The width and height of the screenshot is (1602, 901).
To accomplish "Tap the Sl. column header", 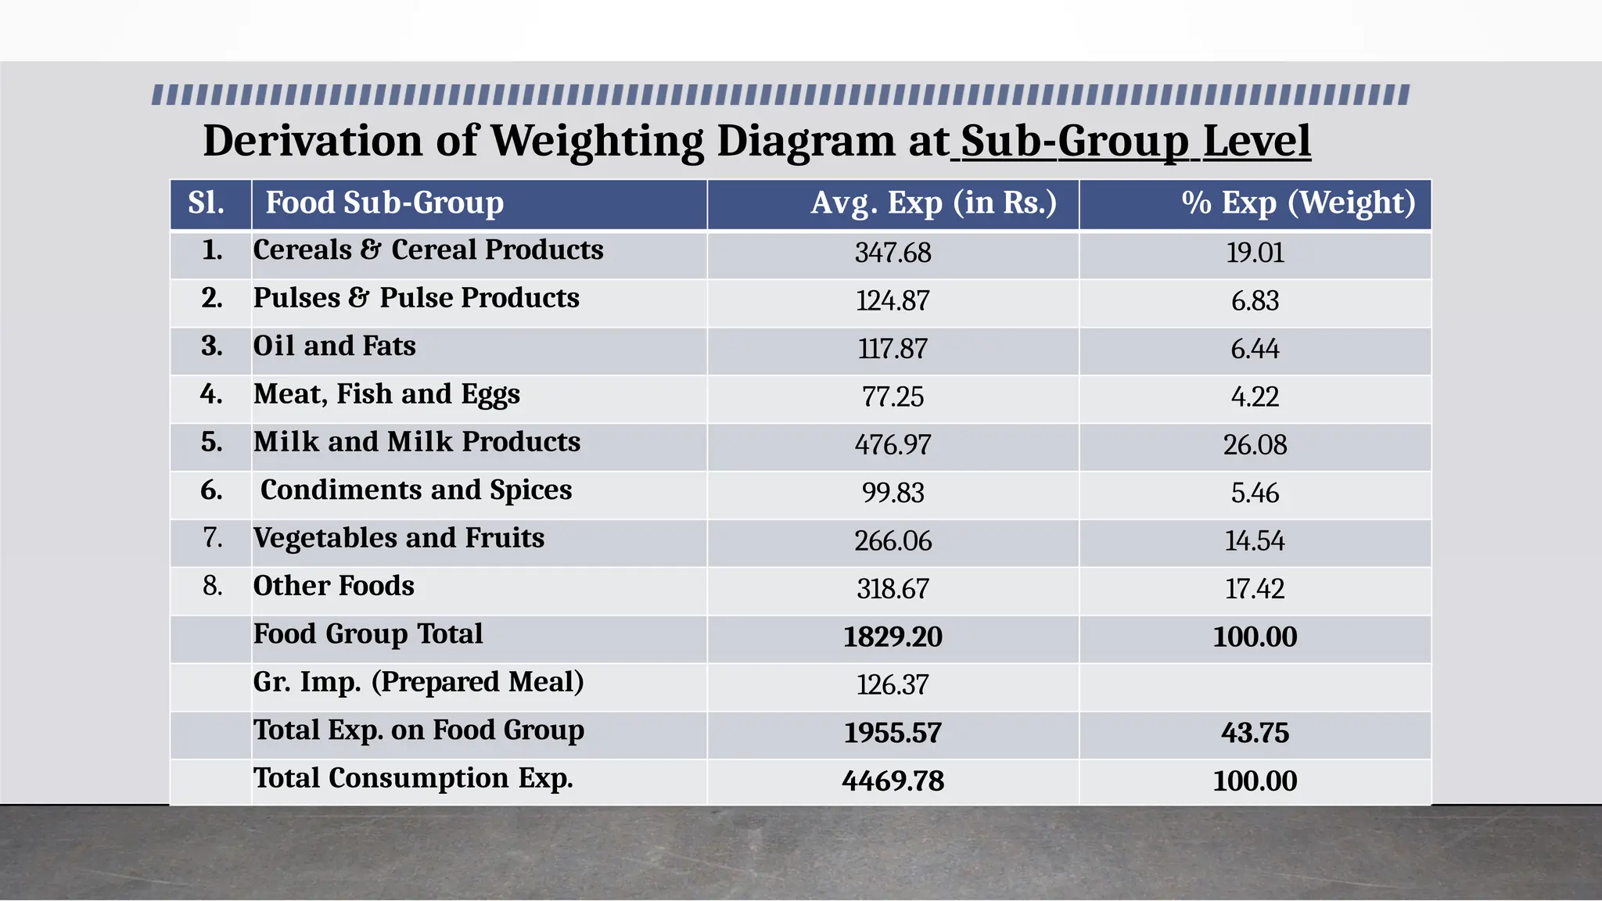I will pos(207,203).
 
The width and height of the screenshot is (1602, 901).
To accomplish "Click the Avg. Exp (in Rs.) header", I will pos(933,203).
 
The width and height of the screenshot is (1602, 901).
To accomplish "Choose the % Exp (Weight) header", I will pos(1298,203).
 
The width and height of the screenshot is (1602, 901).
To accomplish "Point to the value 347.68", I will pos(893,253).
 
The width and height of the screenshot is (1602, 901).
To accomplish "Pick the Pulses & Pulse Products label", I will pos(416,299).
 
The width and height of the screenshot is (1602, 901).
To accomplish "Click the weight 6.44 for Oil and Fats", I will pos(1255,350).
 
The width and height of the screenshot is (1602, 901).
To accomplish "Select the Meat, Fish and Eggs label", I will pos(386,394).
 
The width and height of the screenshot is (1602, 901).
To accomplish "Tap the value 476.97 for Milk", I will pos(893,445).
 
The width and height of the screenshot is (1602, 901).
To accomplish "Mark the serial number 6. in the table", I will pos(211,490).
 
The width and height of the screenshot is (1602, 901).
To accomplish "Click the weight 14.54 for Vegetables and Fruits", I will pos(1255,541).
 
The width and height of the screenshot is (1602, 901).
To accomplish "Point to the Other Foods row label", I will pos(334,587).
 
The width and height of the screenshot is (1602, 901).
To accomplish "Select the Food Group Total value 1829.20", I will pos(893,637).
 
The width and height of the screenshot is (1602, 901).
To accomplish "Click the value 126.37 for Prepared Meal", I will pos(893,685).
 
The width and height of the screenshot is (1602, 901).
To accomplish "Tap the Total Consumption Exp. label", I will pos(413,779).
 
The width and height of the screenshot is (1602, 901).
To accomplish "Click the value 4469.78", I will pos(893,781).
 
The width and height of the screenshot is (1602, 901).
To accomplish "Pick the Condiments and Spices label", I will pos(416,490).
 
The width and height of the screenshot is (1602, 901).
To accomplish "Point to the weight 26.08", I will pos(1255,445).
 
